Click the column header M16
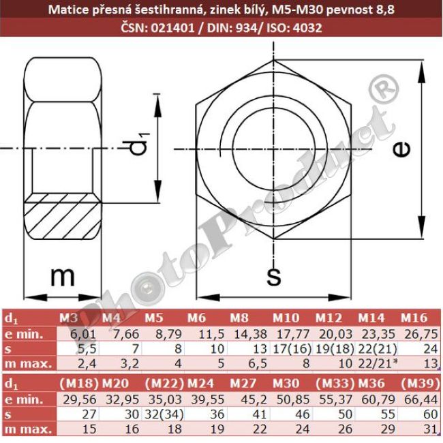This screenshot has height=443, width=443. [414, 318]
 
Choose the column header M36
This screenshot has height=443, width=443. [372, 382]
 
